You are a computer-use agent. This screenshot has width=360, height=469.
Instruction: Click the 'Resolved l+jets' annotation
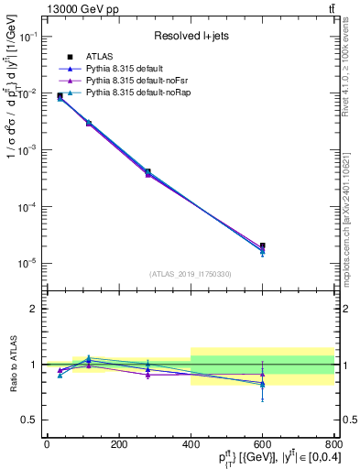191,37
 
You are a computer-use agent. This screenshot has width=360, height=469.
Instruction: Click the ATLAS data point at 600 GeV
262,245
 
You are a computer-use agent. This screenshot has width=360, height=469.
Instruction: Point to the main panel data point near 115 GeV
89,122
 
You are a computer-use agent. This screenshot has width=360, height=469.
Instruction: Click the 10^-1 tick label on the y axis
27,37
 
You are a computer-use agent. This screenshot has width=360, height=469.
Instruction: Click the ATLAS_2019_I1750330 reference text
191,274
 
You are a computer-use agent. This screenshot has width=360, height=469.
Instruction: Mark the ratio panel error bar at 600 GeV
262,380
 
